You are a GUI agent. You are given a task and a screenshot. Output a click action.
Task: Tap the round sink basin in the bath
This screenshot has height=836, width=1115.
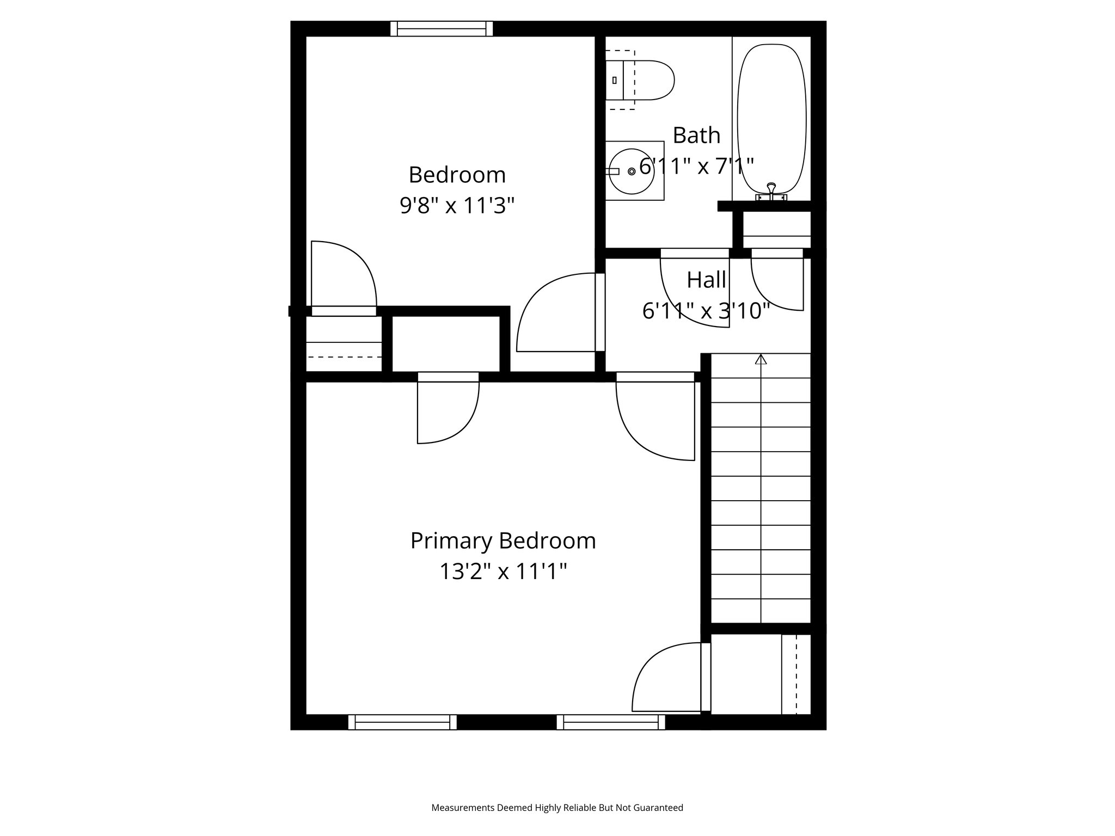click(x=632, y=171)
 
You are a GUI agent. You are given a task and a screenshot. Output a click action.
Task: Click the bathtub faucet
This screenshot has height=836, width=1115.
click(x=771, y=190)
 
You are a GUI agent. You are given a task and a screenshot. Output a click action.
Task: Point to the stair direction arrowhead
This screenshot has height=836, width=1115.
click(x=761, y=359)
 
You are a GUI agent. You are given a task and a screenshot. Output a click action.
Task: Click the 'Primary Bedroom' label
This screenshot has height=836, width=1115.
click(x=503, y=541)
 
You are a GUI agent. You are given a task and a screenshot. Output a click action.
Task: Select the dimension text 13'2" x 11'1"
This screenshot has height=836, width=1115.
click(x=503, y=572)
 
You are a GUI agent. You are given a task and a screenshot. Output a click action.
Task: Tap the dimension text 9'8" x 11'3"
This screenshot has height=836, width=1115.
click(x=457, y=206)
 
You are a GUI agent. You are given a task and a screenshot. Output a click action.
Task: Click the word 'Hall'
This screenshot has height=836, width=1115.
click(x=706, y=280)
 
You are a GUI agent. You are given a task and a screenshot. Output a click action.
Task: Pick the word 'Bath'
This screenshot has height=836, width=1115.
click(x=696, y=136)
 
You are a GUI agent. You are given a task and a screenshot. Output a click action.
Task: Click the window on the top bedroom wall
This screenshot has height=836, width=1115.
click(x=442, y=28)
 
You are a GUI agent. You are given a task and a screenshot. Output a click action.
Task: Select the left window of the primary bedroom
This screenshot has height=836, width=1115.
click(x=402, y=722)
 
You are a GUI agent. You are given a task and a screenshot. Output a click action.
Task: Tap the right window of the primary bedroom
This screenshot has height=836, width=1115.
click(x=611, y=722)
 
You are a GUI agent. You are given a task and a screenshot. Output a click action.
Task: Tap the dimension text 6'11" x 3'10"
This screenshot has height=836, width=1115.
click(x=706, y=311)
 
